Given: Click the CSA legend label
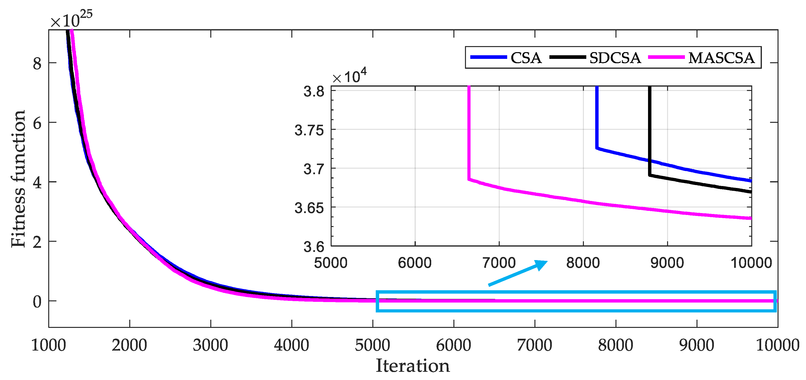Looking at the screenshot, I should pyautogui.click(x=526, y=58).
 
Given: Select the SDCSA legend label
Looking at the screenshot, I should pyautogui.click(x=615, y=58).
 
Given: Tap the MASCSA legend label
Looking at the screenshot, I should pyautogui.click(x=721, y=58).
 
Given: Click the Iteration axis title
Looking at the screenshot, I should pyautogui.click(x=412, y=366).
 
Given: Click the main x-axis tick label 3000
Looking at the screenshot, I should pyautogui.click(x=210, y=345).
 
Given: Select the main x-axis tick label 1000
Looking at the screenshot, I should pyautogui.click(x=48, y=345).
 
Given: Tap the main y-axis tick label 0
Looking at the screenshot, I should pyautogui.click(x=37, y=302).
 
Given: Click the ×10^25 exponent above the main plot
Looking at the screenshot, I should pyautogui.click(x=71, y=19).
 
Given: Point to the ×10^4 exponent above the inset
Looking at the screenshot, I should pyautogui.click(x=349, y=76).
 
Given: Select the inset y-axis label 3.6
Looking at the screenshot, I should pyautogui.click(x=314, y=247).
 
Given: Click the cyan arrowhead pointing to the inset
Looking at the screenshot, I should pyautogui.click(x=541, y=265).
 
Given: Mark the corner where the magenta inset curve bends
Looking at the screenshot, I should pyautogui.click(x=469, y=179).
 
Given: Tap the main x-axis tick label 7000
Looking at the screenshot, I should pyautogui.click(x=534, y=345).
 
